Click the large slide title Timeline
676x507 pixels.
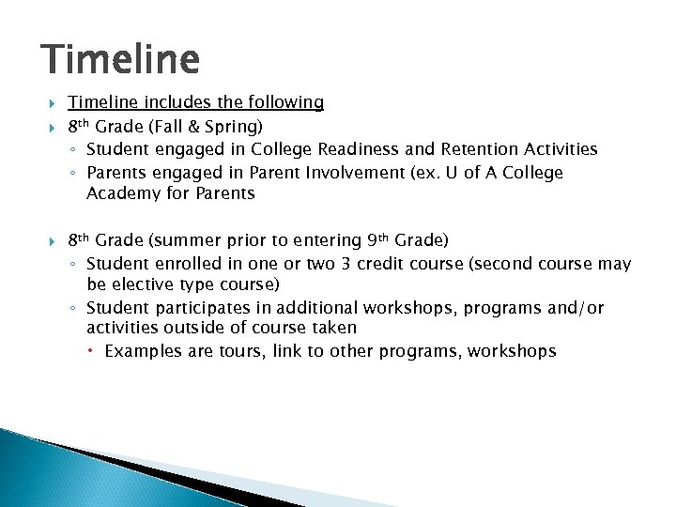[120, 60]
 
